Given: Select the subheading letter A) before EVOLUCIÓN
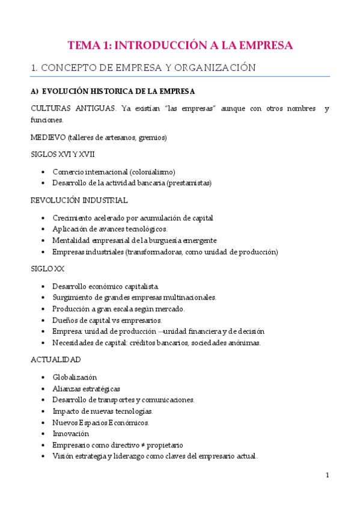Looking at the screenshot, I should (x=34, y=91).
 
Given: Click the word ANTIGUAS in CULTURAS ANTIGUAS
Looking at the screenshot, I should (x=93, y=108).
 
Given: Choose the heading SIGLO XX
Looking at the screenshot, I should (x=47, y=269).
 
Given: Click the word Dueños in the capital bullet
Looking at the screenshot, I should (x=64, y=320).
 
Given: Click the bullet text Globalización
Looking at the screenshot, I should (x=75, y=377).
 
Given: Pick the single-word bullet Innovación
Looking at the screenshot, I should (x=70, y=434).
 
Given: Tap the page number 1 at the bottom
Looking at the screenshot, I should (x=328, y=475).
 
